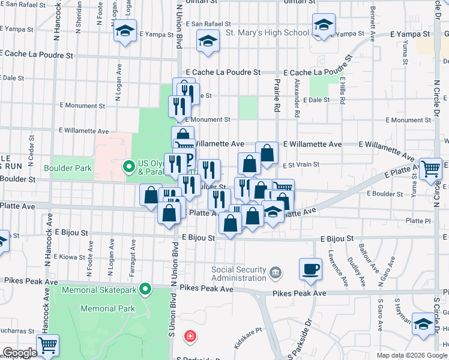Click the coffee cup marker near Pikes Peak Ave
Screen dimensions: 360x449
tap(311, 269)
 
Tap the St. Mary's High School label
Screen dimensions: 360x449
tap(267, 32)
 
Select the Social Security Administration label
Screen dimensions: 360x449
tap(239, 274)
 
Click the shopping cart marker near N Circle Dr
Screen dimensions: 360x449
tap(430, 169)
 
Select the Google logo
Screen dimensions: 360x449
tap(19, 353)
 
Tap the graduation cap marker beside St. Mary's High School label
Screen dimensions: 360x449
tap(323, 26)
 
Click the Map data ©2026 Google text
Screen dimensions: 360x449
tap(411, 355)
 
